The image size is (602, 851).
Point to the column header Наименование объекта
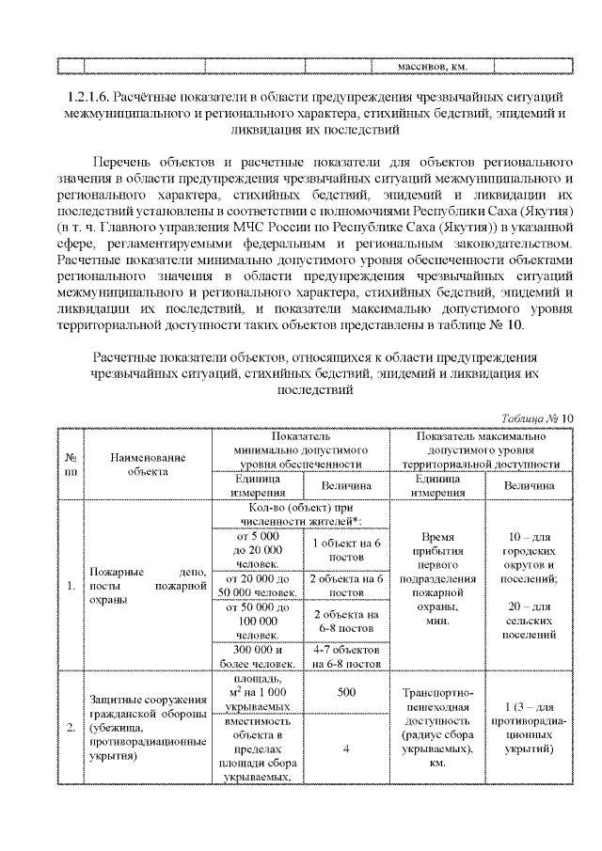pos(147,464)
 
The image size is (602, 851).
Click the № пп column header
pos(71,464)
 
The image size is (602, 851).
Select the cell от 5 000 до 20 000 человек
pos(255,550)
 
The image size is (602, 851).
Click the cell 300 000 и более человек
pos(255,657)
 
